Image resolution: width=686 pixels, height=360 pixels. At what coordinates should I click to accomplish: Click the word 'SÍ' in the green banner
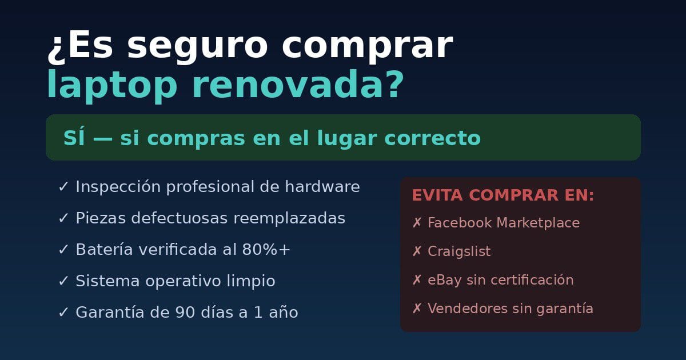point(73,138)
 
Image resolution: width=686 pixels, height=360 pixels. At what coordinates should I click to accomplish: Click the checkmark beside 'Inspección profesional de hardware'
point(63,187)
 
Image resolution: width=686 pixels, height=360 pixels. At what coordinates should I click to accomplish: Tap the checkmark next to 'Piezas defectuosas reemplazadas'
point(63,218)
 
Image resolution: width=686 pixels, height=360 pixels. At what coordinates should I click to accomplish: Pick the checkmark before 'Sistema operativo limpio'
point(63,281)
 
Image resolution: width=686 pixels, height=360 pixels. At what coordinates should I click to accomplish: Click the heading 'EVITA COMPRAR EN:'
point(503,195)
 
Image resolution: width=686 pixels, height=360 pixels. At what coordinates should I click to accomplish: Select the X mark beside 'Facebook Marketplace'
point(417,223)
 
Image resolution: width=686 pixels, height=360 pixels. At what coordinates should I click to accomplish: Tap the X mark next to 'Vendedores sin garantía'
point(417,309)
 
